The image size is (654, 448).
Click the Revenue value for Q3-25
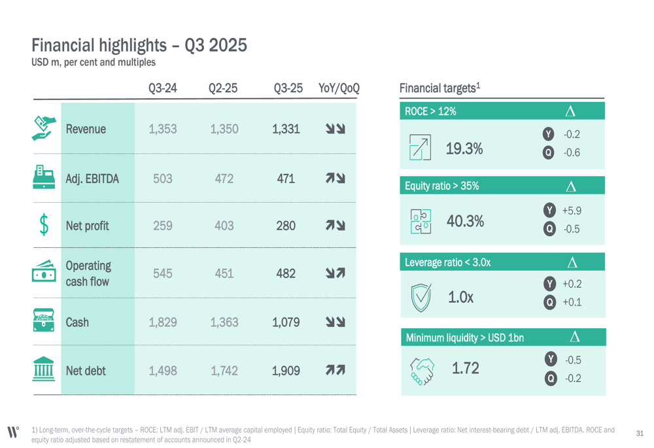coord(286,129)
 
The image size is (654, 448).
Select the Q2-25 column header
coord(223,88)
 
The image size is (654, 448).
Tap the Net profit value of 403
coord(224,226)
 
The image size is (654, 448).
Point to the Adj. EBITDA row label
coord(92,177)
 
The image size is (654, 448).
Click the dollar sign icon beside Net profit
coord(44,225)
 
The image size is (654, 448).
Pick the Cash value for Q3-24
coord(162,322)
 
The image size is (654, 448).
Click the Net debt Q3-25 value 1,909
coord(286,371)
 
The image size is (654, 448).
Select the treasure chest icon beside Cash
coord(44,321)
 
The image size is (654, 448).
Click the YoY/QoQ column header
coord(339,88)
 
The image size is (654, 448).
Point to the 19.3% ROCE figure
coord(464,148)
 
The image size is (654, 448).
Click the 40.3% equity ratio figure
coord(465,221)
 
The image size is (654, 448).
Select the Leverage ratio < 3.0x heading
coord(447,262)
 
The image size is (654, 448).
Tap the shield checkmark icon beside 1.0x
coord(421,296)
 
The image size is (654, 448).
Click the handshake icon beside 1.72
coord(421,370)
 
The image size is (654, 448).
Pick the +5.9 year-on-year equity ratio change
coord(571,211)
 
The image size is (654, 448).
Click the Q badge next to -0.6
coord(549,153)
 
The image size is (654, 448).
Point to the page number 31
coord(640,433)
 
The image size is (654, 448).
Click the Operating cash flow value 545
coord(162,273)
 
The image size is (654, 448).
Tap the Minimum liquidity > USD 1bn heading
coord(464,337)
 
